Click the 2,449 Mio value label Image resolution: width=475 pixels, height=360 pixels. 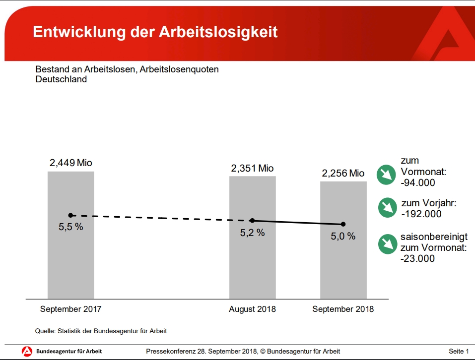tap(70, 163)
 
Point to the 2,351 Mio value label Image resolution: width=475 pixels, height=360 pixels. tap(252, 169)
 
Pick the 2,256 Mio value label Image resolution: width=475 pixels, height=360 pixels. tap(343, 174)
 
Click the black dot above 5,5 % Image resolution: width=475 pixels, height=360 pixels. tap(70, 215)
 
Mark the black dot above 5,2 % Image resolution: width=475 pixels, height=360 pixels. tap(252, 221)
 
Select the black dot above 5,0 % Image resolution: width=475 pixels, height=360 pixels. tap(343, 224)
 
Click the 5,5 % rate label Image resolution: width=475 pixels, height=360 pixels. tap(71, 228)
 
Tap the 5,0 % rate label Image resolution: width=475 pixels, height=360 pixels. tap(343, 237)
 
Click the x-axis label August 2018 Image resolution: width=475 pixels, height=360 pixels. tap(252, 309)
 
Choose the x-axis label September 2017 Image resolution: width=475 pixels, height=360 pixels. tap(70, 309)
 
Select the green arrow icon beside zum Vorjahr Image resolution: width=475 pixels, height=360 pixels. tap(387, 207)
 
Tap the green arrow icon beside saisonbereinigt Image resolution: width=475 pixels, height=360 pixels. tap(387, 243)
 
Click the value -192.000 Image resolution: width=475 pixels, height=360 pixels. tap(421, 214)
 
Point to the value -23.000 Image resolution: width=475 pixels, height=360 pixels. tap(417, 258)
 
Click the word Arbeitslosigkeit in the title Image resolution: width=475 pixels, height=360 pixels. tap(218, 32)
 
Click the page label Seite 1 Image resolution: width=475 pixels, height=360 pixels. tap(459, 352)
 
